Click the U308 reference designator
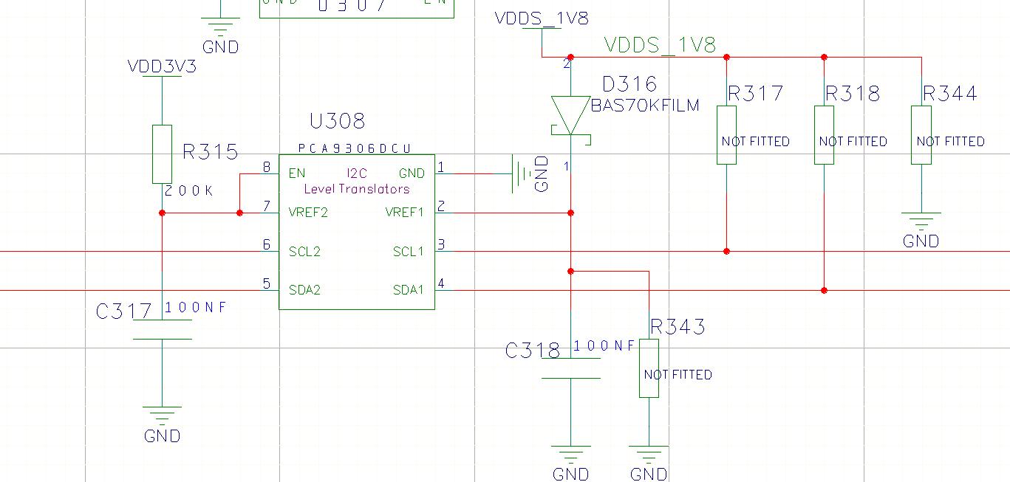338,121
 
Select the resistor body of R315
162,154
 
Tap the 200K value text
188,191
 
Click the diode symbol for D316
570,117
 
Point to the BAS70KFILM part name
645,106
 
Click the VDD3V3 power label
162,66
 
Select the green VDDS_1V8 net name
660,45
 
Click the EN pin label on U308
297,173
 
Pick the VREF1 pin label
404,213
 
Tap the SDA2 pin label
304,290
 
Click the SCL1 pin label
408,252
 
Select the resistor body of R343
649,368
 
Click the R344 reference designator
949,94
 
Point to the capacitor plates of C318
570,369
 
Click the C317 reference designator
124,311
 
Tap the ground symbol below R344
921,220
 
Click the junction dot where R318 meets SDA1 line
824,290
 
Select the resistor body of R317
726,134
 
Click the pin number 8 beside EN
267,168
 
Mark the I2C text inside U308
356,173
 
